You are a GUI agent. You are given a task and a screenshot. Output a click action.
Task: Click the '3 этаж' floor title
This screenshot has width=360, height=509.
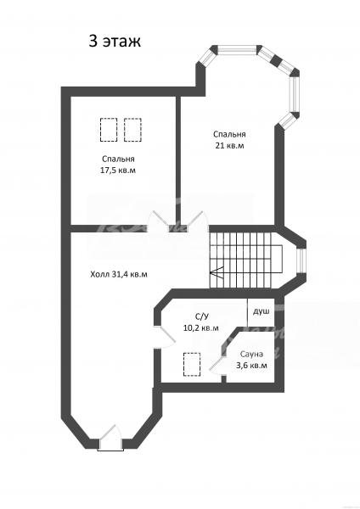pyautogui.click(x=115, y=42)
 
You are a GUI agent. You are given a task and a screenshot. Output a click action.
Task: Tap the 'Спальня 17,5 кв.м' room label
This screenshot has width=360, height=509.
pyautogui.click(x=118, y=165)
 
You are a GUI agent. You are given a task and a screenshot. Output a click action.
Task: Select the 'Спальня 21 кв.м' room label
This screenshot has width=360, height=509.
pyautogui.click(x=229, y=140)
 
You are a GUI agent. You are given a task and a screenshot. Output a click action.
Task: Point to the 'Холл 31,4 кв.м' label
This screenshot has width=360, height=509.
pyautogui.click(x=119, y=275)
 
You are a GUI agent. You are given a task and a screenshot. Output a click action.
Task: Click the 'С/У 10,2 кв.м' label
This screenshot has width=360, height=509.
pyautogui.click(x=201, y=322)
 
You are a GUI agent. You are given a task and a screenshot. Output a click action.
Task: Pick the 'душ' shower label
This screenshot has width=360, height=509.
pyautogui.click(x=262, y=311)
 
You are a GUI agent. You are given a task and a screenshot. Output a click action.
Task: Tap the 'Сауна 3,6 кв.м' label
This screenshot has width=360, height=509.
pyautogui.click(x=251, y=360)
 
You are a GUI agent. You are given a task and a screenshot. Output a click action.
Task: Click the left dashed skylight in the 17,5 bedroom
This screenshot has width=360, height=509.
pyautogui.click(x=109, y=130)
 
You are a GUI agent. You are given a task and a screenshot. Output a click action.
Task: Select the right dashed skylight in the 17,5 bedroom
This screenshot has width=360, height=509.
pyautogui.click(x=132, y=130)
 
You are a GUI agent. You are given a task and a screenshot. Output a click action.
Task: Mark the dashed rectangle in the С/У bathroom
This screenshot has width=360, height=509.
pyautogui.click(x=192, y=365)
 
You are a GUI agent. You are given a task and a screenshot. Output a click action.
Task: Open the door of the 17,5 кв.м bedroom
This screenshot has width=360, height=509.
pyautogui.click(x=159, y=221)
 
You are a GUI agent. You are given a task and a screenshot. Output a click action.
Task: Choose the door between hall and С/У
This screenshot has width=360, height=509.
pyautogui.click(x=166, y=337)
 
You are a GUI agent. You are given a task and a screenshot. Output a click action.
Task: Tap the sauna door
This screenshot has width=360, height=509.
pyautogui.click(x=217, y=365)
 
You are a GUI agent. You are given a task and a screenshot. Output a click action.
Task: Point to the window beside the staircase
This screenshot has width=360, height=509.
pyautogui.click(x=302, y=260)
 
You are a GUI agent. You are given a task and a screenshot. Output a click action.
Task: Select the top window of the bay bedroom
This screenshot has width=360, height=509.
pyautogui.click(x=236, y=50)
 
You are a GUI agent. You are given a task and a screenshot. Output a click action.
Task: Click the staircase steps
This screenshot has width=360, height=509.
pyautogui.click(x=246, y=260)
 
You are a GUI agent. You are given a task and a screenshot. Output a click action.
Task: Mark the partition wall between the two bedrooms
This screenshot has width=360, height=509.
pyautogui.click(x=178, y=160)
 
